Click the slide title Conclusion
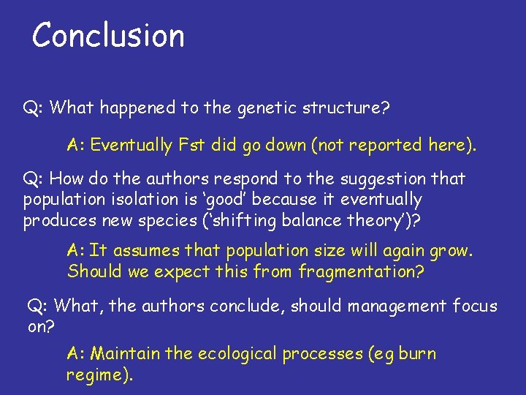pyautogui.click(x=108, y=35)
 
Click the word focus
pyautogui.click(x=476, y=306)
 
